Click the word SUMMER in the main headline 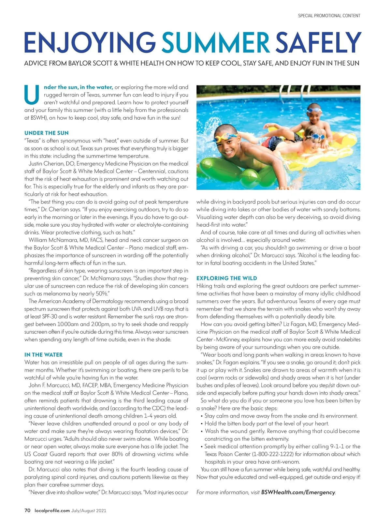pyautogui.click(x=215, y=42)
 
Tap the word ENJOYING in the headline pyautogui.click(x=90, y=42)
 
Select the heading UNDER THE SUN pyautogui.click(x=47, y=133)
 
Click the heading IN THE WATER pyautogui.click(x=43, y=355)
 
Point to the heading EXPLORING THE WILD pyautogui.click(x=227, y=278)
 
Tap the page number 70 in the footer pyautogui.click(x=27, y=510)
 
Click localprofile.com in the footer pyautogui.click(x=52, y=510)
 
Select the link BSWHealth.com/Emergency pyautogui.click(x=298, y=492)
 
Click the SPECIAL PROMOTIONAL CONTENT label pyautogui.click(x=329, y=16)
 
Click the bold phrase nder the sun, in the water pyautogui.click(x=78, y=87)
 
